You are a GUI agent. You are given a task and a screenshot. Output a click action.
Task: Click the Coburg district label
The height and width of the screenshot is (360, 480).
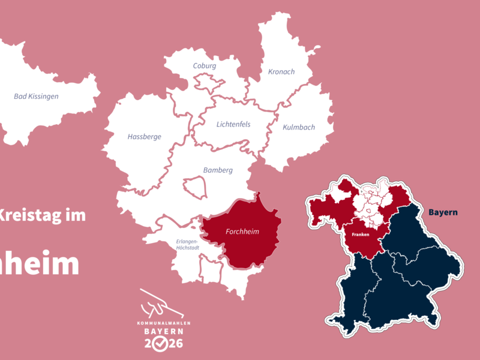[205, 66]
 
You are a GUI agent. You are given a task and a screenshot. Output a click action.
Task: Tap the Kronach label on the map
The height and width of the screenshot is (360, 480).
[282, 72]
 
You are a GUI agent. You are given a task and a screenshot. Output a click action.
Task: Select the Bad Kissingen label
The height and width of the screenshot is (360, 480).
[37, 96]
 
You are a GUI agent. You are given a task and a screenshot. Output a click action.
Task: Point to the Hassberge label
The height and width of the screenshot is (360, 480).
[145, 137]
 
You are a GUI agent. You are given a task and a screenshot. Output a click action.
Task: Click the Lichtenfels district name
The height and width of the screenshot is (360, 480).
[233, 124]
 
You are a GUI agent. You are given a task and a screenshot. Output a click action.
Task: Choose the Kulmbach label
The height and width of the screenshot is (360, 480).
[299, 127]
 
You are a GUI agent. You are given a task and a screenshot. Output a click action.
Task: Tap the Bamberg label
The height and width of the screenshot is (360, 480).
[218, 170]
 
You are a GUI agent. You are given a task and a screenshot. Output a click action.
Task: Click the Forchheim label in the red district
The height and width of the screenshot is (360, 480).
[242, 232]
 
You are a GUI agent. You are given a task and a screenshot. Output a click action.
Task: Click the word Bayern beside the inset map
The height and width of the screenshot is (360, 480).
[443, 212]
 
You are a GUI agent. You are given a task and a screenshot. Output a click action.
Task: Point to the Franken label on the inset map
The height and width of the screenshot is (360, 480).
[361, 234]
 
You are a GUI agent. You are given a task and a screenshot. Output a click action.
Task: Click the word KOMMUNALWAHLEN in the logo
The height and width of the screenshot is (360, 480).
[160, 323]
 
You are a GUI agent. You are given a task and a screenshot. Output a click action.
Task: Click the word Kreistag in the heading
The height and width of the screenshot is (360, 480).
[28, 215]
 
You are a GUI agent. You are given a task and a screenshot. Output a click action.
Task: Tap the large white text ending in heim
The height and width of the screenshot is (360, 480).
[40, 264]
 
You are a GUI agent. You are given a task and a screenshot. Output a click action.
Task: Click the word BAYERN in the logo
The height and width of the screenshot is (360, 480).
[160, 331]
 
